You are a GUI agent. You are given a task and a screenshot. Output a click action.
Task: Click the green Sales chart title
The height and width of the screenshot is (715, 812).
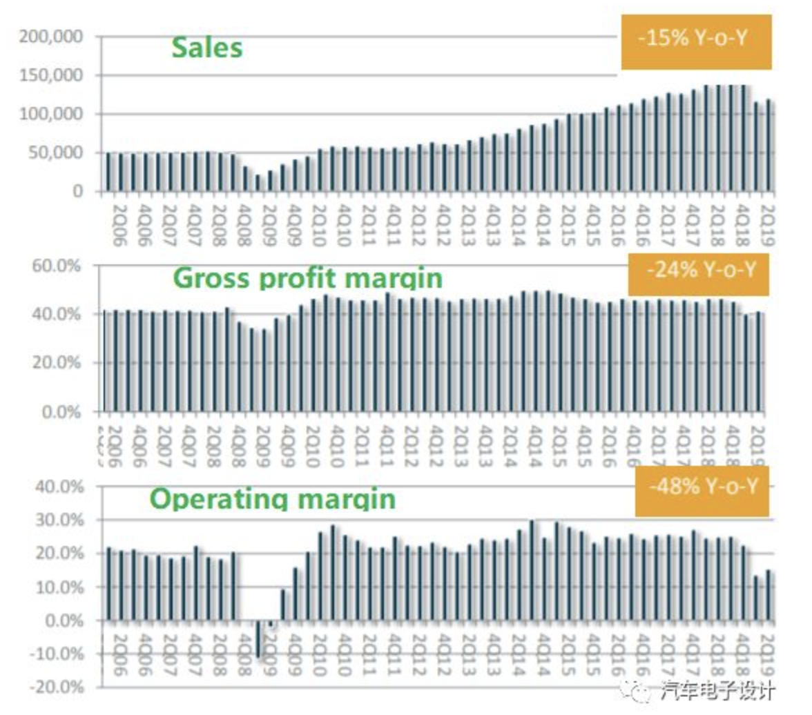click(x=207, y=48)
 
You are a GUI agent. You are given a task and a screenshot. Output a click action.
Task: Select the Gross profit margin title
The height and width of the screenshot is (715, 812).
click(x=307, y=277)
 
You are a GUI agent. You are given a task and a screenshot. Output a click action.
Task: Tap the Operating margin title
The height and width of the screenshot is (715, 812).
click(x=273, y=498)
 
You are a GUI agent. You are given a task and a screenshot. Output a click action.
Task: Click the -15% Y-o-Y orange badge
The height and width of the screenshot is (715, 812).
click(x=695, y=39)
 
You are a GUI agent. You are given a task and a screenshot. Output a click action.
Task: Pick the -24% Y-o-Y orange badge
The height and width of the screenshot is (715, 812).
click(x=698, y=270)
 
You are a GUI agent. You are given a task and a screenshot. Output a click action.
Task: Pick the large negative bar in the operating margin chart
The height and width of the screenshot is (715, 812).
click(x=258, y=639)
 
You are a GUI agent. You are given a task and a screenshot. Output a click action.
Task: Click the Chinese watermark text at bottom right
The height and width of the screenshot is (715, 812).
click(x=718, y=690)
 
